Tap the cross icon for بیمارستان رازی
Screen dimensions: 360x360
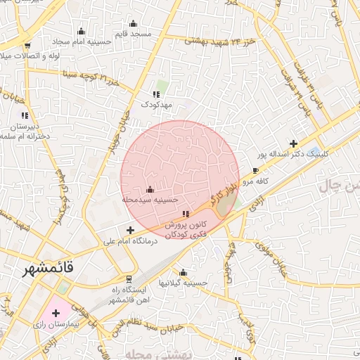click(x=56, y=312)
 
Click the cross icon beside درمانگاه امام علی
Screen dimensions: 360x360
click(x=130, y=230)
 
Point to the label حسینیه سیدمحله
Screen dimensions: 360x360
click(x=150, y=200)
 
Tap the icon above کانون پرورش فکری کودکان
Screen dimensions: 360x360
click(x=186, y=214)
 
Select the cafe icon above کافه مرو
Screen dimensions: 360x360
click(x=255, y=170)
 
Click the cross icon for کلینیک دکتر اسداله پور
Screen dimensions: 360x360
click(x=293, y=143)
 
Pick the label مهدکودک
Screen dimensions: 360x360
click(x=157, y=104)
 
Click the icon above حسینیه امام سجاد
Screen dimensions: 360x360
click(x=82, y=31)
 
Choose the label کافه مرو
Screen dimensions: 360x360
click(x=257, y=181)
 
